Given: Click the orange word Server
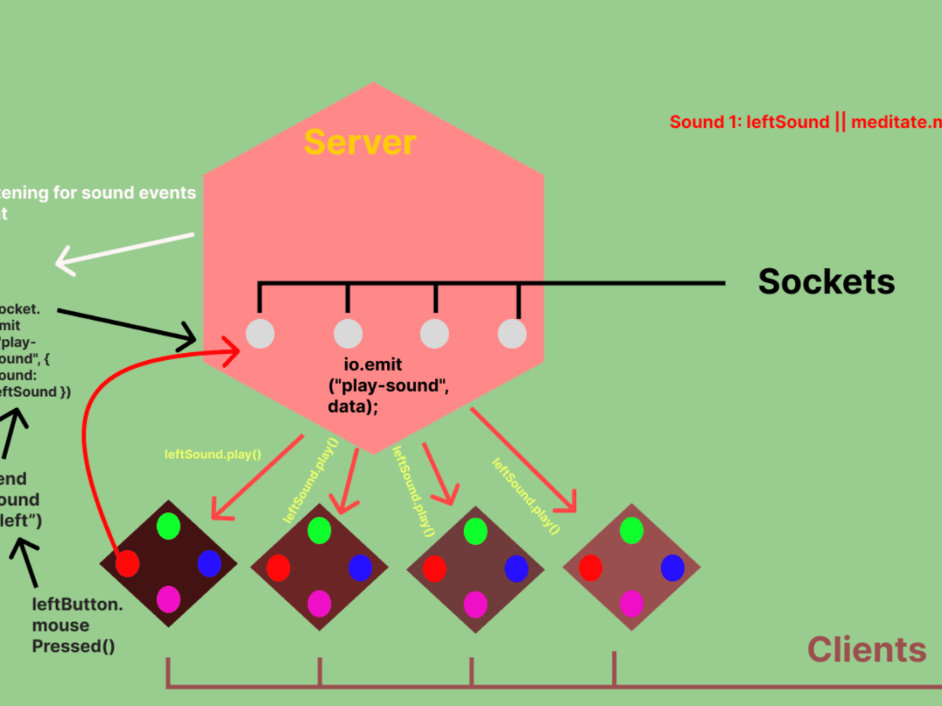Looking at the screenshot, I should pyautogui.click(x=360, y=142).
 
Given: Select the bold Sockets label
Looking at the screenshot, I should pyautogui.click(x=826, y=282).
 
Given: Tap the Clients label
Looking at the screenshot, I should pyautogui.click(x=867, y=650).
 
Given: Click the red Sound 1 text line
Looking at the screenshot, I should pyautogui.click(x=805, y=122).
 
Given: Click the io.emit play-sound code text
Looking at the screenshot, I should pyautogui.click(x=389, y=385).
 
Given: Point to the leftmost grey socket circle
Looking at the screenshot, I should pyautogui.click(x=260, y=333).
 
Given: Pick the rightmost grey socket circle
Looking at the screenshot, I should pyautogui.click(x=512, y=333).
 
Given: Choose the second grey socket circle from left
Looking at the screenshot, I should pyautogui.click(x=348, y=333).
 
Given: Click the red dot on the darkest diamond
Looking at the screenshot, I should pyautogui.click(x=127, y=562).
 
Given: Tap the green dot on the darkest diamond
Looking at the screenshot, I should pyautogui.click(x=168, y=525).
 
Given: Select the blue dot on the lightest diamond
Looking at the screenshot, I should pyautogui.click(x=673, y=567).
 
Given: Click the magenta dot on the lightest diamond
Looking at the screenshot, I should pyautogui.click(x=631, y=604).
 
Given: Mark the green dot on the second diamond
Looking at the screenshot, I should pyautogui.click(x=319, y=530).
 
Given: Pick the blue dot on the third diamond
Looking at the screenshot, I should pyautogui.click(x=516, y=568).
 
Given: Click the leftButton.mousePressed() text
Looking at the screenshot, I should pyautogui.click(x=74, y=625).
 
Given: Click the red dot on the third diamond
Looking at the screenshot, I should pyautogui.click(x=434, y=568).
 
